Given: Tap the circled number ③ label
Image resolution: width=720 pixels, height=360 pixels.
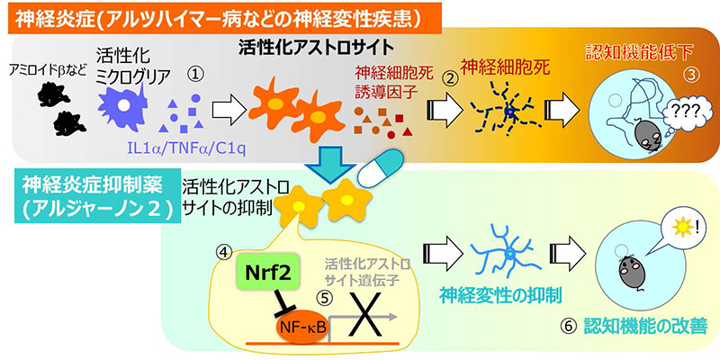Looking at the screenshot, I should [x=691, y=75].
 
